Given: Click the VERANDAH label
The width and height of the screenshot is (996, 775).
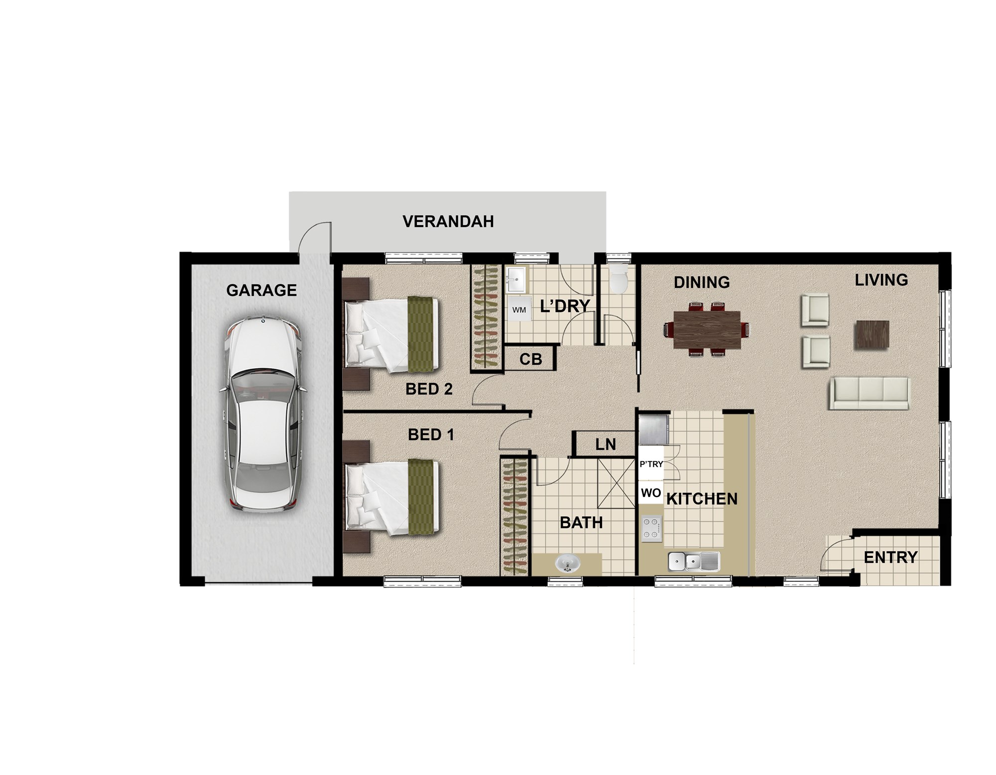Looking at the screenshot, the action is coord(448,221).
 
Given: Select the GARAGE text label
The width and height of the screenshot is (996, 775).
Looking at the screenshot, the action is coord(261,290).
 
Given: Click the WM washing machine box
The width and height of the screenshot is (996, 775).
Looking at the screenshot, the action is coord(519,310).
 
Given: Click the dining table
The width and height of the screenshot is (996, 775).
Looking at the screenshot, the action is coord(707,330).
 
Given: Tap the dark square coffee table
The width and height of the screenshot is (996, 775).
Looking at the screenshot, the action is coord(872,335).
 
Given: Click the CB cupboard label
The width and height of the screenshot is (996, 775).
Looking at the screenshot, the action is coord(530,359).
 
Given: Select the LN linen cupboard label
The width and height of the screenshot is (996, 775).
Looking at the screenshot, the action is coord(606,444).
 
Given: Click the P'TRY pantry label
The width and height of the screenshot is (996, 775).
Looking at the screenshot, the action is coord(651,464).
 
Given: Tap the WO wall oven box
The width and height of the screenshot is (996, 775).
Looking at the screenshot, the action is coord(651,493).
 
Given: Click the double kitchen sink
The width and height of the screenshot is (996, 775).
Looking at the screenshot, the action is coord(694,561).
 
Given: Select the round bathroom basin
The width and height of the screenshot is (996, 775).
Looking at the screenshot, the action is coord(568,564).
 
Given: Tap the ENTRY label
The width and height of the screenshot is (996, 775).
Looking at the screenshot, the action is coord(890,557).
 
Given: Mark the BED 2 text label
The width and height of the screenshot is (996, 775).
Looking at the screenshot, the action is coord(429,388).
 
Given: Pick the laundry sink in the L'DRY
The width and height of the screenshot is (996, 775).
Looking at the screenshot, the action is coord(516,280).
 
